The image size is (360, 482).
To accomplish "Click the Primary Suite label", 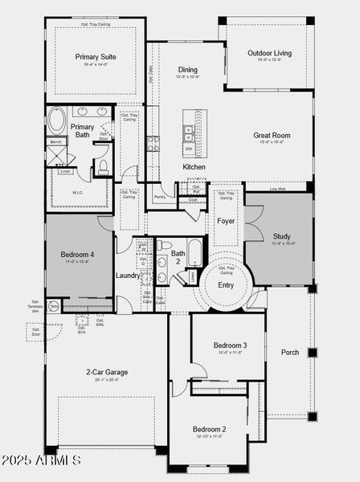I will pos(96,57).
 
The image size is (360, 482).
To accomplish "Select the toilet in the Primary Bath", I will pos(102,166).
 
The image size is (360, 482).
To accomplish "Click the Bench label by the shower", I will pos(56,142).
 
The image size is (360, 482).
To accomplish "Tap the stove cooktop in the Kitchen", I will pos(152,144).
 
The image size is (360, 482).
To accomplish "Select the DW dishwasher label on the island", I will pos(188,149).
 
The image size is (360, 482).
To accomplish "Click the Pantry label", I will pos(160,195).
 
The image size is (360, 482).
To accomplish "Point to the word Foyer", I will pos(226,220).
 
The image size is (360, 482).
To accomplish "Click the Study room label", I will pos(280,236).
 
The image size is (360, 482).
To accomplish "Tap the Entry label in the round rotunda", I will pos(226,285).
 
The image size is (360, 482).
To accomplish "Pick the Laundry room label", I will pos(128,276).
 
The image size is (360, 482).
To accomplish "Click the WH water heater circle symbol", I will pos(54,306).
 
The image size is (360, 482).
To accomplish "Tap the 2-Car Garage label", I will pos(107,372).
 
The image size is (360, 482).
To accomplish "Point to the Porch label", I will pos(289,352).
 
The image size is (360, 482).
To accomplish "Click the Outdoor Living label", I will pos(269,53).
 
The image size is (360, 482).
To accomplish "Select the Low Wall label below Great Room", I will pos(278,190).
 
